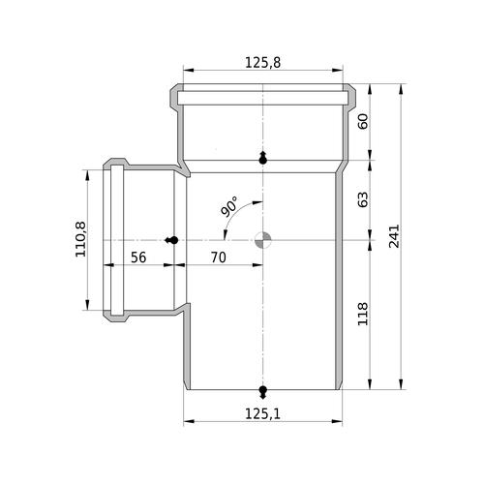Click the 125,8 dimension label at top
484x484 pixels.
pyautogui.click(x=263, y=63)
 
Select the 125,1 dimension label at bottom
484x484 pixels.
pyautogui.click(x=263, y=414)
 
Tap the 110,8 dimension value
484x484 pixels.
pyautogui.click(x=80, y=239)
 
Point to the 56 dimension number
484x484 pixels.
pyautogui.click(x=138, y=257)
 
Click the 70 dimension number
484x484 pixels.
pyautogui.click(x=219, y=257)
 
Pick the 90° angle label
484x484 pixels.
pyautogui.click(x=229, y=206)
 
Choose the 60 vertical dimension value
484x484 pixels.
pyautogui.click(x=363, y=122)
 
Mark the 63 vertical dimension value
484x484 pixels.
pyautogui.click(x=363, y=199)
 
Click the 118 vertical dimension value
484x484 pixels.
pyautogui.click(x=363, y=314)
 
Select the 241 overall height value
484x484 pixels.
pyautogui.click(x=394, y=236)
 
